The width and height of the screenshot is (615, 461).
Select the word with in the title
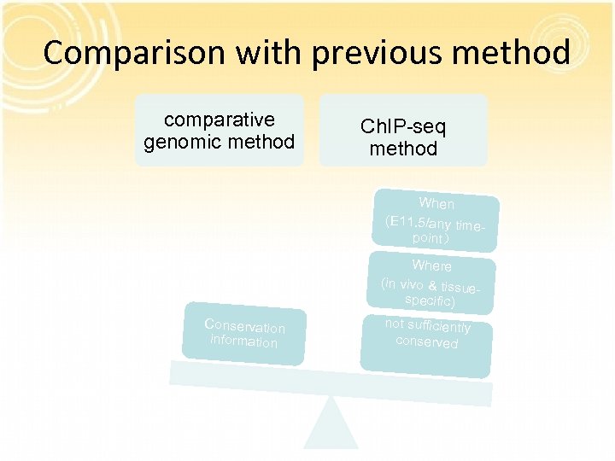point(272,53)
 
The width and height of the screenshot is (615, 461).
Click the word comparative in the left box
point(220,120)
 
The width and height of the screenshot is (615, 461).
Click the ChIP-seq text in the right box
point(403,126)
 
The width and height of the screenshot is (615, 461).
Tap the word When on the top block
point(436,203)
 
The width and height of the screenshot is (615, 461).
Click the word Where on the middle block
point(431,266)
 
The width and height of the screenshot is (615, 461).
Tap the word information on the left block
point(243,341)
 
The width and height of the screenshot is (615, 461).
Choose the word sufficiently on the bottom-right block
point(439,326)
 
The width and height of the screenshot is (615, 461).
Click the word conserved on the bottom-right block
point(426,341)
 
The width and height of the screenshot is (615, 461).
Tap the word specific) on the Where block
point(430,301)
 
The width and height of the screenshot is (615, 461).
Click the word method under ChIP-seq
point(403,149)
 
